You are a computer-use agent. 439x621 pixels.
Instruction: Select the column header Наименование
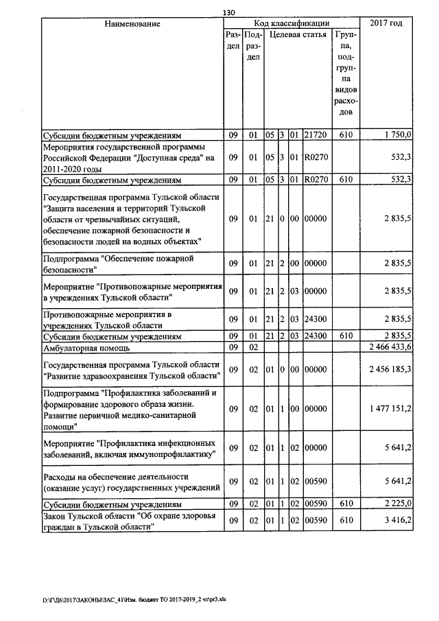(x=132, y=24)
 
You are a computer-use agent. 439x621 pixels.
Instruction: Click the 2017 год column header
(x=386, y=24)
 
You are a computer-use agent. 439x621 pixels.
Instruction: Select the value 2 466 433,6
(x=389, y=348)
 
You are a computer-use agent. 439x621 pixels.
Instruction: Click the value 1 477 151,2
(x=389, y=409)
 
